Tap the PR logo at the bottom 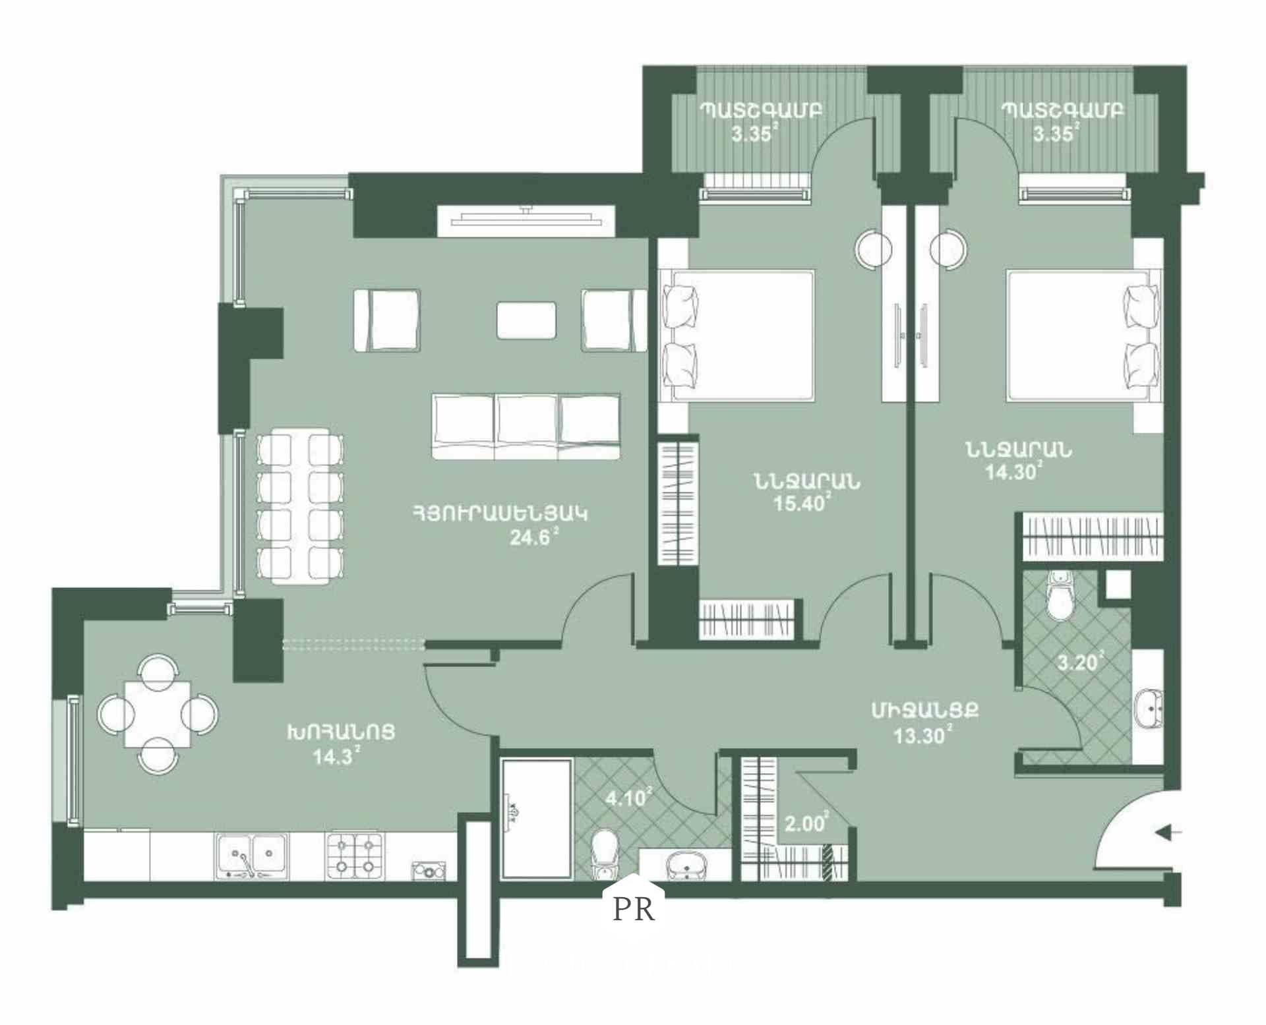point(634,909)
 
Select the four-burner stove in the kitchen point(355,855)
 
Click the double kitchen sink point(251,856)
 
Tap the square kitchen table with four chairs point(158,713)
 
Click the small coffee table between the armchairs point(526,320)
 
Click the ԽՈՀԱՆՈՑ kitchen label point(340,732)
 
